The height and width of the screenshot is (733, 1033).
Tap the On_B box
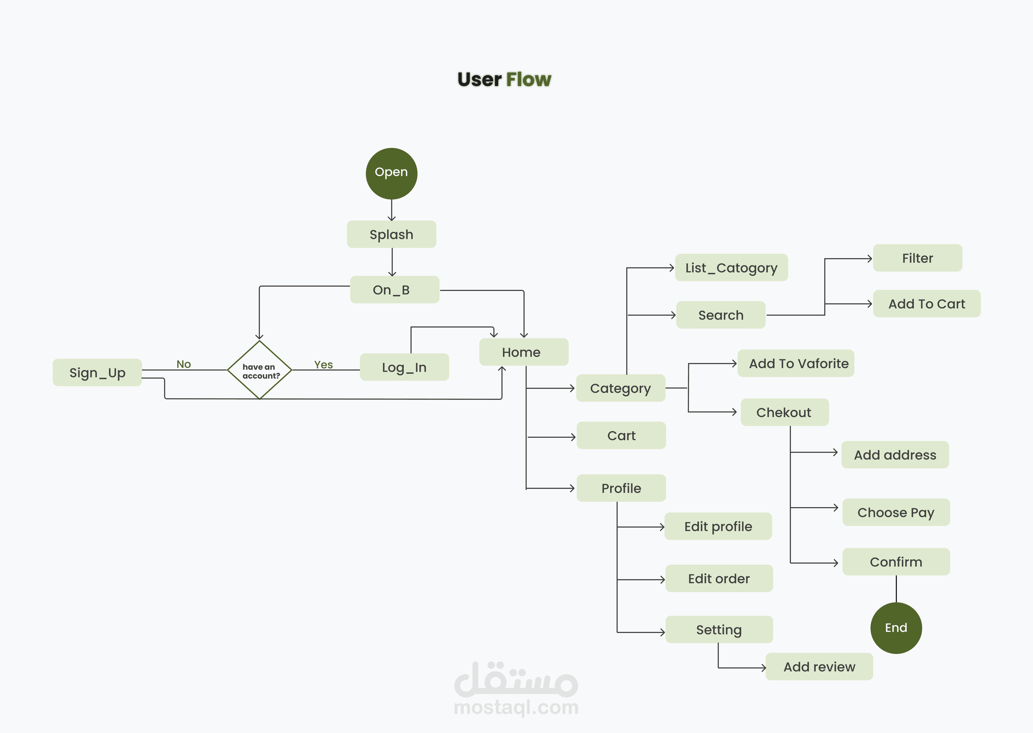point(394,290)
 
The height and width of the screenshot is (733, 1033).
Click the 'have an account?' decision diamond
point(260,370)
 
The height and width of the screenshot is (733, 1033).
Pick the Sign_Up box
point(97,372)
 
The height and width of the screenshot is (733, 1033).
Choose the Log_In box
point(404,367)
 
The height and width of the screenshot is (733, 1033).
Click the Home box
point(523,352)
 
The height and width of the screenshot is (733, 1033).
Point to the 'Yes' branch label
point(323,364)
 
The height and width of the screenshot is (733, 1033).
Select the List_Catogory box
point(731,268)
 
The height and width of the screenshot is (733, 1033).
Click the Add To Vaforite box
point(795,363)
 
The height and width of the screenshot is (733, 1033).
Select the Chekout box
point(784,412)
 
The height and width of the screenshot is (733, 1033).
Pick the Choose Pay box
point(896,512)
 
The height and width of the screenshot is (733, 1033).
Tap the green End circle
point(896,628)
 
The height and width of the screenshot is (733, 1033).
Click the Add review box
point(819,667)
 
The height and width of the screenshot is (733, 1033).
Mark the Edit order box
point(719,579)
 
